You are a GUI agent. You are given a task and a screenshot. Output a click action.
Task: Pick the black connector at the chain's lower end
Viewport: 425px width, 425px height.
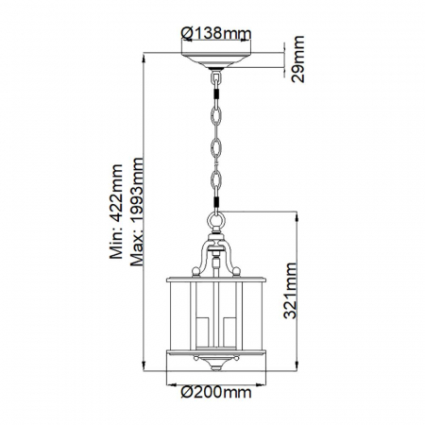[x=216, y=209]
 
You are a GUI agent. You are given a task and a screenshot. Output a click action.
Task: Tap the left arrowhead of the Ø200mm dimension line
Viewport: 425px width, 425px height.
[x=170, y=388]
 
